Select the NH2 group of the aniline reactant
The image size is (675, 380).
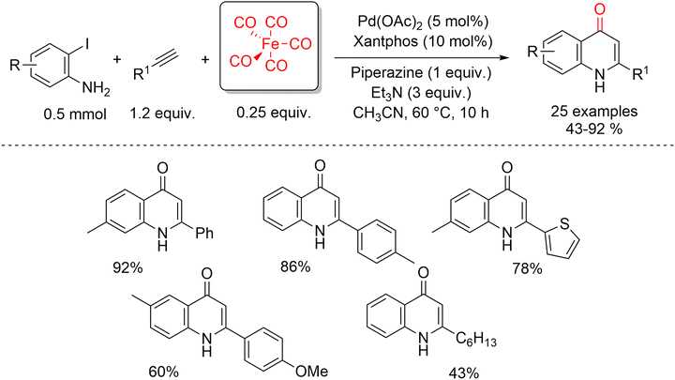tap(96, 89)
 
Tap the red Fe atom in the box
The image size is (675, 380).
tap(272, 43)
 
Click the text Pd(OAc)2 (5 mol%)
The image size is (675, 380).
tap(422, 21)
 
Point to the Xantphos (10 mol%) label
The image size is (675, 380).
tap(422, 41)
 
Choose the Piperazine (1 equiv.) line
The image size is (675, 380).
tap(421, 73)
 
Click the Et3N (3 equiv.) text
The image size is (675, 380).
tap(421, 93)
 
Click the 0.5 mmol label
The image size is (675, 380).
tap(75, 114)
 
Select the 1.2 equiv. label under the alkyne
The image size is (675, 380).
tap(163, 114)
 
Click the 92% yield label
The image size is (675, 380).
tap(127, 268)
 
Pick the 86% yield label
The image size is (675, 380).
tap(295, 267)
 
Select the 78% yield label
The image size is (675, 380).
tap(527, 269)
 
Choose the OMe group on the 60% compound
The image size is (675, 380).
tap(311, 371)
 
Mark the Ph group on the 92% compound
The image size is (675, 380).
tap(204, 233)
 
